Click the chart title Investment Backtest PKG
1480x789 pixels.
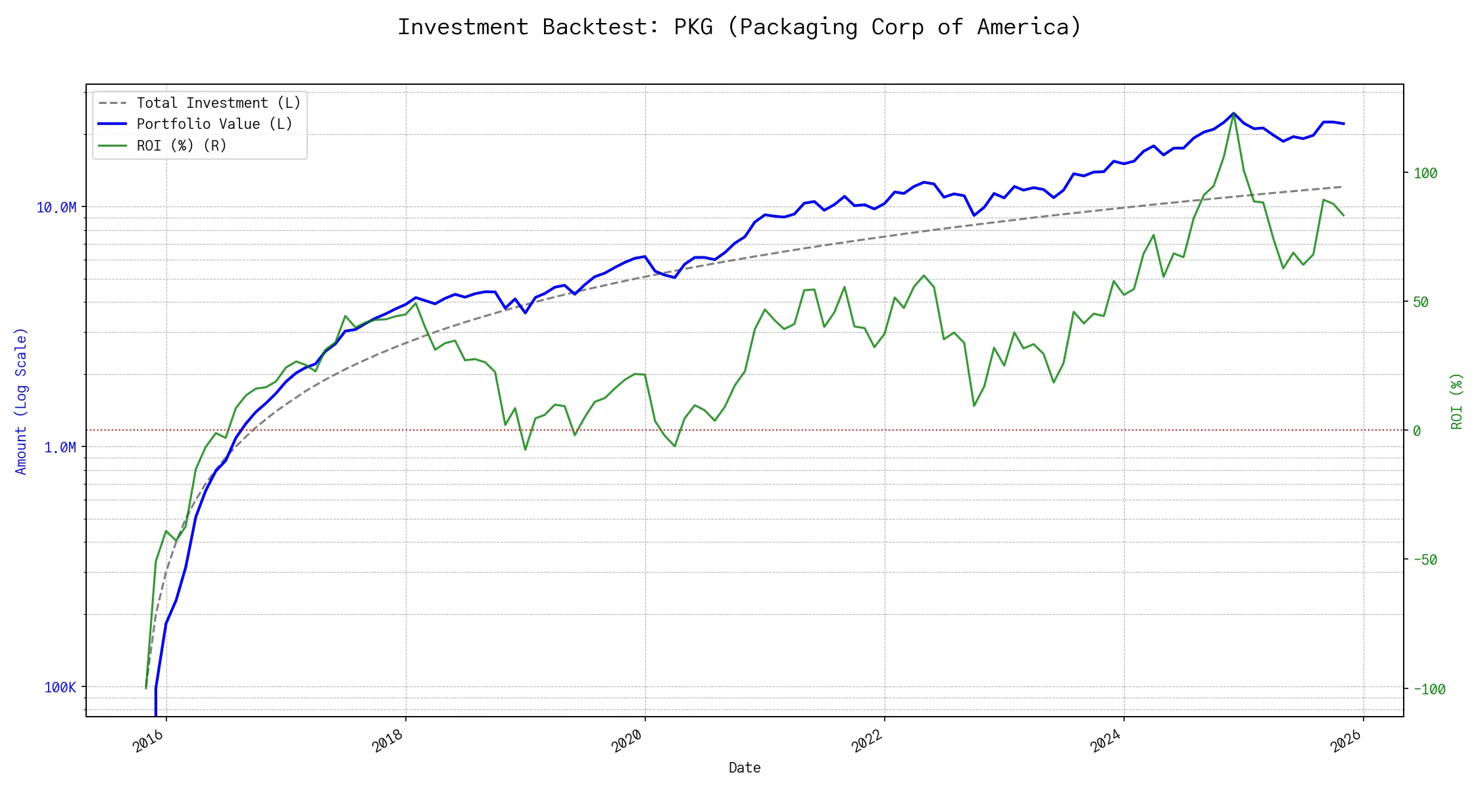(739, 27)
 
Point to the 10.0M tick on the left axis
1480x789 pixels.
(56, 208)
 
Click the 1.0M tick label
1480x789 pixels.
(60, 448)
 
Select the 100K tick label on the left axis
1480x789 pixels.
(60, 688)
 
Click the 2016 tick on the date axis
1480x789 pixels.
(149, 742)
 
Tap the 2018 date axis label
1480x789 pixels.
(388, 742)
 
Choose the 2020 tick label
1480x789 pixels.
(628, 742)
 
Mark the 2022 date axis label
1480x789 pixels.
(867, 742)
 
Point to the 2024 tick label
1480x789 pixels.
(1106, 742)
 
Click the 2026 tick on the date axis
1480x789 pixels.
(1346, 742)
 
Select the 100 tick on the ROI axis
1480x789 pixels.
(1425, 174)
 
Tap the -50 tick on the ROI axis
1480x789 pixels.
(1425, 560)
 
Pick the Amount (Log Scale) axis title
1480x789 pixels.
(21, 401)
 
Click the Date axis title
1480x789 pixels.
(745, 768)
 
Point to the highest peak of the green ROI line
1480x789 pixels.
(1233, 113)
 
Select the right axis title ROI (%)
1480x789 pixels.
(1457, 401)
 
